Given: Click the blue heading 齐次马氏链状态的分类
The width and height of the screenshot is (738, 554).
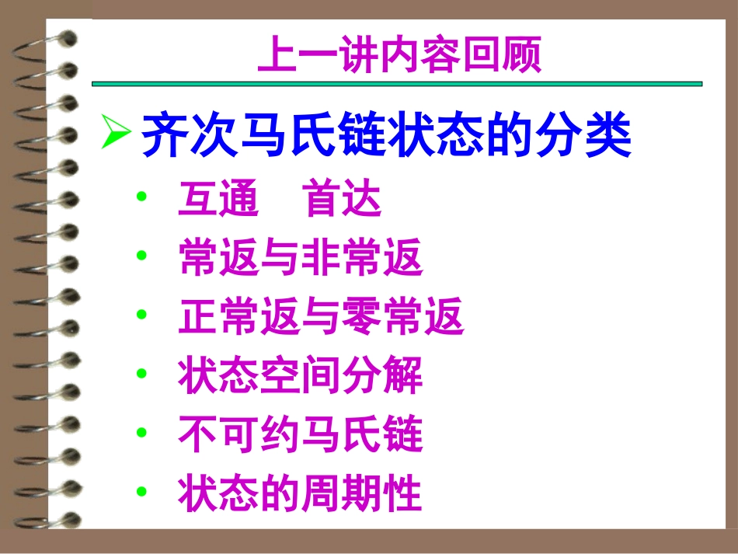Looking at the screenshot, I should click(386, 134).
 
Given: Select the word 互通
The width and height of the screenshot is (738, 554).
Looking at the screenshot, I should click(218, 200).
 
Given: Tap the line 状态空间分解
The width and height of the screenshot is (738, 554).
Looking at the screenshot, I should click(300, 377).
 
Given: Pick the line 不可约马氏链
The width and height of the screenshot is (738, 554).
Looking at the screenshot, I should click(300, 435).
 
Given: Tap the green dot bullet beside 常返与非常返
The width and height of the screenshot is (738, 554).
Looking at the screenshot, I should click(141, 256).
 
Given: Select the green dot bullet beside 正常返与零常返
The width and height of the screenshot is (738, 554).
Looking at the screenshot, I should click(141, 315).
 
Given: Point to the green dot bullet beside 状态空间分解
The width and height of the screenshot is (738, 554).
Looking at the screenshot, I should click(141, 374).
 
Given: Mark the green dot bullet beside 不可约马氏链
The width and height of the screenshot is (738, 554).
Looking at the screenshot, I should click(141, 432).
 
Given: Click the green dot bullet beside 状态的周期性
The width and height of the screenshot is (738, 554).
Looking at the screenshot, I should click(141, 491).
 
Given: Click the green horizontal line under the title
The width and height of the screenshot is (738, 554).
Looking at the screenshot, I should click(396, 83).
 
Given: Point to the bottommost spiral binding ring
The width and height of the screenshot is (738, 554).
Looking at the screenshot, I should click(47, 518).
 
